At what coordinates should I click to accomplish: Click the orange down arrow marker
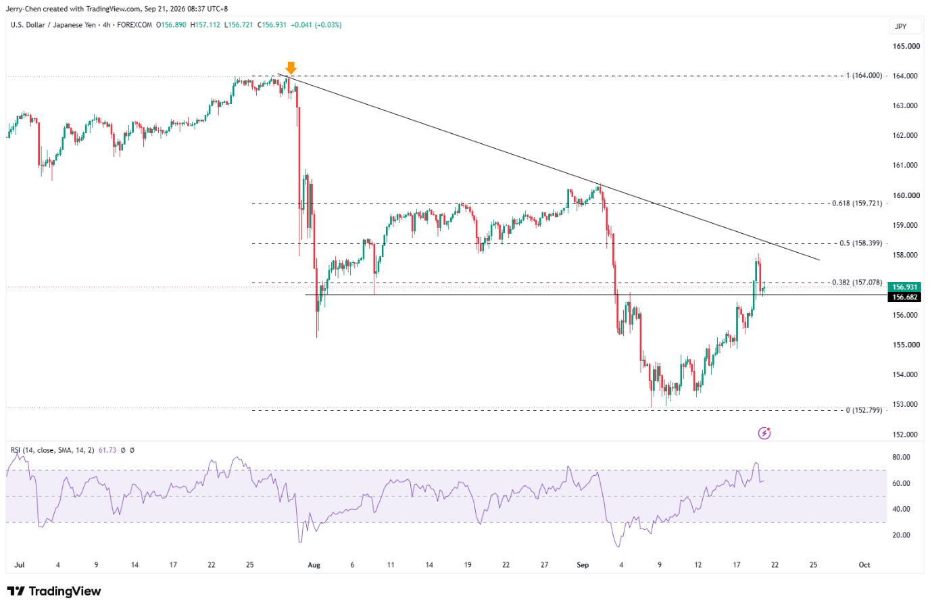(291, 68)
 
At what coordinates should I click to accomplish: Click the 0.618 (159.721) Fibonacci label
(857, 203)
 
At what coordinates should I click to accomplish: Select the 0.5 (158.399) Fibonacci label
(860, 243)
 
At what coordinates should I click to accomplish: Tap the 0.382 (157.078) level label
(857, 283)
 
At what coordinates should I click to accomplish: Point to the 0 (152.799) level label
(864, 410)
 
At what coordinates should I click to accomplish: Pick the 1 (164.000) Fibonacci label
(864, 76)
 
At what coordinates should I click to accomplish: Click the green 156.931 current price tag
(905, 287)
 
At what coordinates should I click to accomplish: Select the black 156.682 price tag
(905, 297)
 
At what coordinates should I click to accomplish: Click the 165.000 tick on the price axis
(906, 46)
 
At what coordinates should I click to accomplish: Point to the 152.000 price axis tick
(906, 435)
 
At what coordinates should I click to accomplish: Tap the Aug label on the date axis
(314, 564)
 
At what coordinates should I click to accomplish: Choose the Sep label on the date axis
(583, 564)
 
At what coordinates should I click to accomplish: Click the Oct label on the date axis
(864, 564)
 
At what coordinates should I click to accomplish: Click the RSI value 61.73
(107, 450)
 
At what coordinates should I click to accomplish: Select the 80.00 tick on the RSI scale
(901, 457)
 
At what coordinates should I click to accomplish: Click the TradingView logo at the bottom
(54, 591)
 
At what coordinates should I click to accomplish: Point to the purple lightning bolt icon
(764, 433)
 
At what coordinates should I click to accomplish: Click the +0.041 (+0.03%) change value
(316, 25)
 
